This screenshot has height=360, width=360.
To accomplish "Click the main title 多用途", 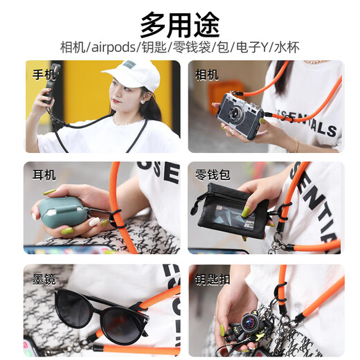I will (x=179, y=24).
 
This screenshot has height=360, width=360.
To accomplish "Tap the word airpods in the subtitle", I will (x=120, y=48).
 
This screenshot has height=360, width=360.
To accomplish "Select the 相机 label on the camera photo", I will (x=207, y=73).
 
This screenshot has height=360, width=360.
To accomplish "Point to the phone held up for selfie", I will (x=53, y=76).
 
